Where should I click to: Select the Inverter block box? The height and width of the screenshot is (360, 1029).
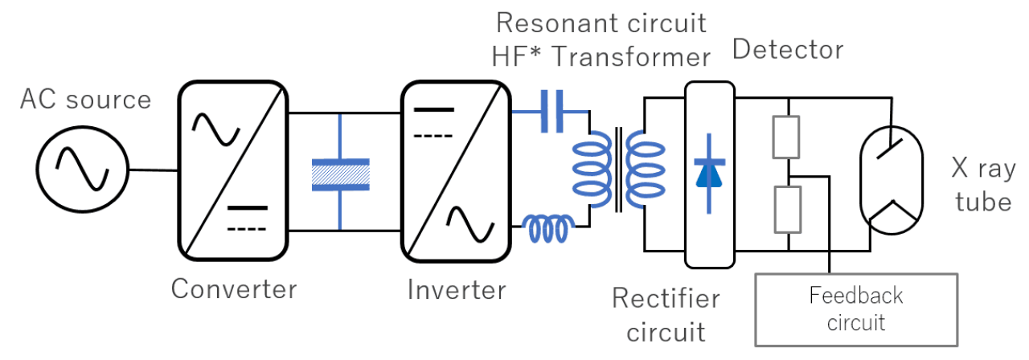[x=455, y=170]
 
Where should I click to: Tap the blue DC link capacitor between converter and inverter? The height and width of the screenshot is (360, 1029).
[x=340, y=174]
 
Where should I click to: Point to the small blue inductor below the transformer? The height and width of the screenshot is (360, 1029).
[x=549, y=229]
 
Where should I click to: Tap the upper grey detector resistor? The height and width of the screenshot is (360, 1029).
[x=786, y=137]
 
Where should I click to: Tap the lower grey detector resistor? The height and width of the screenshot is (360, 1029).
[x=786, y=207]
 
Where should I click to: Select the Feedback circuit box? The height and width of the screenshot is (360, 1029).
[x=856, y=309]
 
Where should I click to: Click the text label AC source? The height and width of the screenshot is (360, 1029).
[x=85, y=100]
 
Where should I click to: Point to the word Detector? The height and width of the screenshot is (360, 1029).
[x=788, y=50]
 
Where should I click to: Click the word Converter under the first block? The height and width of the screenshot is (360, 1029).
[x=234, y=288]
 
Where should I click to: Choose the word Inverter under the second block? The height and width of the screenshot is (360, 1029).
[x=457, y=288]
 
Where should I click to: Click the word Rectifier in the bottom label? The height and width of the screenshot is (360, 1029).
[x=666, y=299]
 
